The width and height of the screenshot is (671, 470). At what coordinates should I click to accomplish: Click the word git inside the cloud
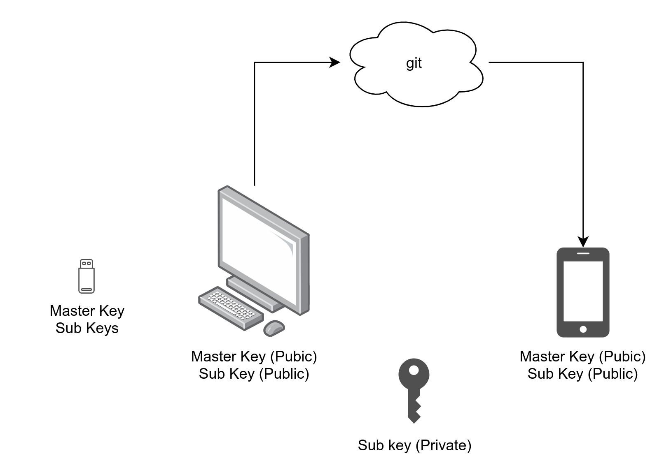click(414, 63)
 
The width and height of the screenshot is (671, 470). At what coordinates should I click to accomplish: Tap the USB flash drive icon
click(87, 276)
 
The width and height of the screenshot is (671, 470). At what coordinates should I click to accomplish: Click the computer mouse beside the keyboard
click(274, 328)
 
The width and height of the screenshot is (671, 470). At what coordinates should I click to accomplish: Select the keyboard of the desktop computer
click(231, 308)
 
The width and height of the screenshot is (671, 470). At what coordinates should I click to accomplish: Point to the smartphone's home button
click(583, 329)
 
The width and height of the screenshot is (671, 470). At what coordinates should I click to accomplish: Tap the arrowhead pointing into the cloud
click(335, 63)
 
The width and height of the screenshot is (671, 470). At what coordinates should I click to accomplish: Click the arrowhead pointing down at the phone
click(583, 242)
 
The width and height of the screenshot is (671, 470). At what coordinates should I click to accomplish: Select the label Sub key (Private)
click(414, 445)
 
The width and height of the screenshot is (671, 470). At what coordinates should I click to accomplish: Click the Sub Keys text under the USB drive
click(87, 328)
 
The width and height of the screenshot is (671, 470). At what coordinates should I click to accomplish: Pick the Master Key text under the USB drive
click(87, 311)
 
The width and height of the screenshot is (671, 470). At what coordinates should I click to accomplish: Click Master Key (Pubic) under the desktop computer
click(254, 356)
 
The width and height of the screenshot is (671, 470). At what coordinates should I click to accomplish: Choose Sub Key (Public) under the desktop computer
click(254, 373)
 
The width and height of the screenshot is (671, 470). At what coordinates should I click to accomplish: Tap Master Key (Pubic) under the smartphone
click(582, 356)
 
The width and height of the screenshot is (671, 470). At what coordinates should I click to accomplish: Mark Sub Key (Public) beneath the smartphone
click(582, 373)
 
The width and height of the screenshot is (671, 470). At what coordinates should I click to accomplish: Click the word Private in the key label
click(444, 445)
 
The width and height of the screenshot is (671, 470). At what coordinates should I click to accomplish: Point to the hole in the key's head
click(414, 370)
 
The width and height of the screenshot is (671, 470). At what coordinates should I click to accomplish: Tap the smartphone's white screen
click(583, 291)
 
